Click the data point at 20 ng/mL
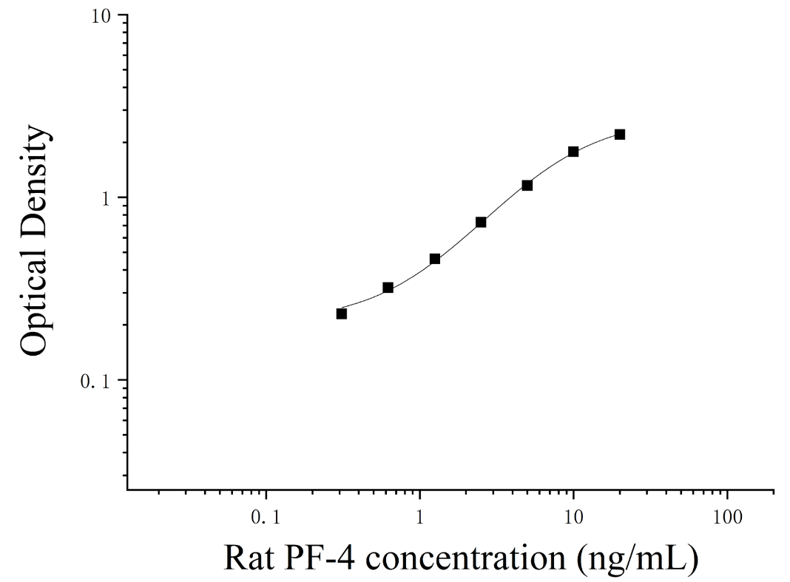(620, 135)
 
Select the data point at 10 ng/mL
(573, 152)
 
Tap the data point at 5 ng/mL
(527, 186)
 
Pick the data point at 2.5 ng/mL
(481, 222)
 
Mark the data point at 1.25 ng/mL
(435, 259)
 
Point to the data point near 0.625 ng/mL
(388, 288)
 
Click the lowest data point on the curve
(342, 314)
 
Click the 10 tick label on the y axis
(101, 16)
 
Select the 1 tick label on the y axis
(106, 199)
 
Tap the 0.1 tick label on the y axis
(95, 382)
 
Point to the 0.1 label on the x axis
(266, 517)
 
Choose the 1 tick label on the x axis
(419, 517)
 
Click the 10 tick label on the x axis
(573, 517)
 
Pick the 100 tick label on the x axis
(727, 517)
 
